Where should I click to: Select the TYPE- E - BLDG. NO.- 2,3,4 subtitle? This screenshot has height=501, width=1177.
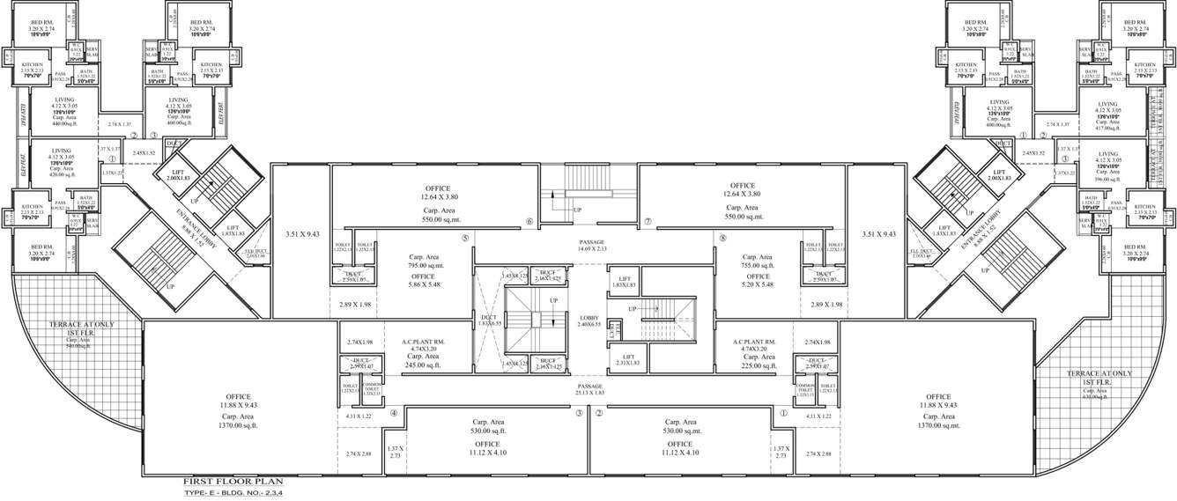click(x=233, y=494)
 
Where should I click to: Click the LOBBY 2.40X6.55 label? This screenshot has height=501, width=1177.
click(x=588, y=320)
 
